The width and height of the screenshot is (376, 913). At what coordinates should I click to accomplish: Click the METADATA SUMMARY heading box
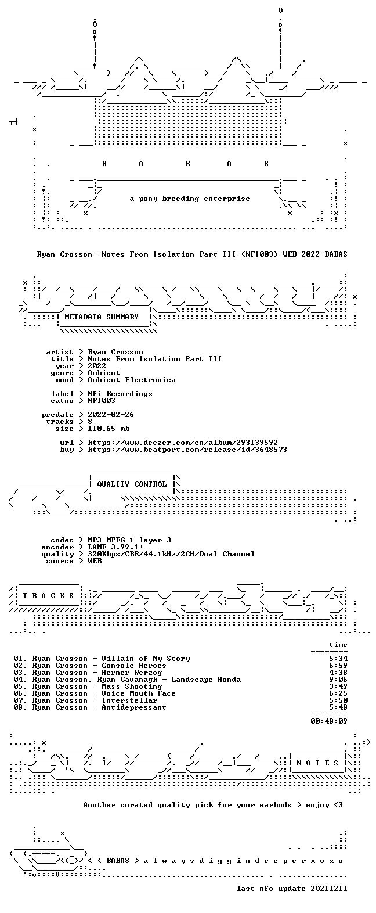click(x=104, y=317)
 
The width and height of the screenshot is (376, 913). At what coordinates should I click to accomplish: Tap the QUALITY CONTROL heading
click(x=132, y=484)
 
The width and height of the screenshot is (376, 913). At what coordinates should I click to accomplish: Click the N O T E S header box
click(x=317, y=763)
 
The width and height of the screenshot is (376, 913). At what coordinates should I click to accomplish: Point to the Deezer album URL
click(x=183, y=443)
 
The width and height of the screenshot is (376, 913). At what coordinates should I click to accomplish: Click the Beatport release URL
click(x=187, y=450)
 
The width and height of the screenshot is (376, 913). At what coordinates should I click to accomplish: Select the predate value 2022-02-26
click(x=111, y=415)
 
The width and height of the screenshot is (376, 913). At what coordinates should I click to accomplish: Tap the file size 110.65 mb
click(x=109, y=429)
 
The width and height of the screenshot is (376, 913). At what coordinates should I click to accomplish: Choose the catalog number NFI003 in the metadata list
click(x=102, y=401)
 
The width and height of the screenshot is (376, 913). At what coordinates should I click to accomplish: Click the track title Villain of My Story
click(x=146, y=659)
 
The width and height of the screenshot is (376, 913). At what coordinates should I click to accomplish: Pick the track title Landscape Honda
click(x=206, y=680)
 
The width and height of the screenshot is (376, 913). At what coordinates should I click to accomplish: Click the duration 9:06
click(x=338, y=680)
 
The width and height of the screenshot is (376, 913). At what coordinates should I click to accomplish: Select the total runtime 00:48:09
click(x=329, y=721)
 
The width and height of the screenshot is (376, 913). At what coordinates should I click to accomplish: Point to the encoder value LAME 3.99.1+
click(x=115, y=547)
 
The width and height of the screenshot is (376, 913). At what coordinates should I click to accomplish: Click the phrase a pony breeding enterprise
click(x=189, y=199)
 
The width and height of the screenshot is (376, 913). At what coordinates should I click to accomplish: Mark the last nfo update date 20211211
click(x=329, y=889)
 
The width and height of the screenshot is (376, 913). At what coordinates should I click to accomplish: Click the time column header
click(x=338, y=645)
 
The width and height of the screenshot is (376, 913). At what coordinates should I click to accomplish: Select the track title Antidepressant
click(x=134, y=707)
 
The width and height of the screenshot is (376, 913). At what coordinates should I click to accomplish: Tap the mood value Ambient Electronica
click(x=132, y=380)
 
